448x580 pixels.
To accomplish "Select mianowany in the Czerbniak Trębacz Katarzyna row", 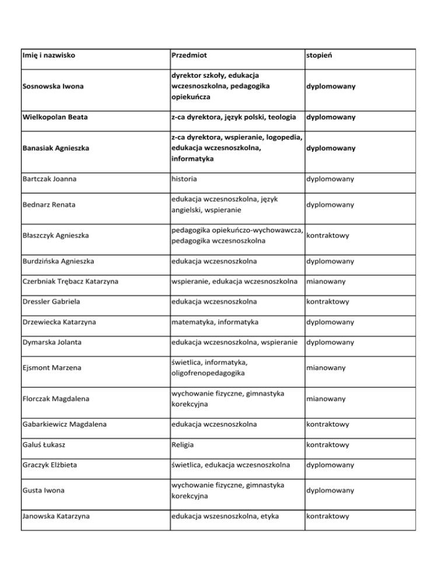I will [325, 281].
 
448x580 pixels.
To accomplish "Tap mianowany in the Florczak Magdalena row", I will [325, 399].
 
